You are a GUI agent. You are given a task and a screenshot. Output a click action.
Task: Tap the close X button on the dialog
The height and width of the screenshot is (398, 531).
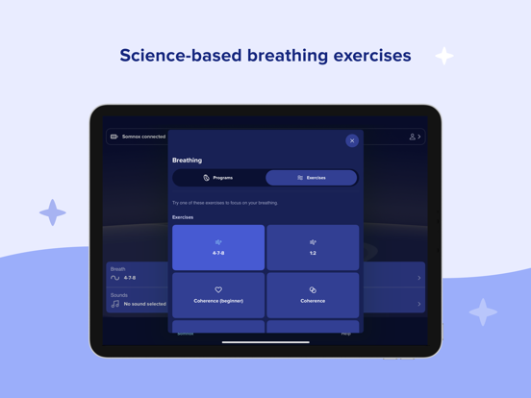click(x=352, y=140)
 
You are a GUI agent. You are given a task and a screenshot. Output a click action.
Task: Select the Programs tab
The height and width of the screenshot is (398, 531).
click(x=218, y=178)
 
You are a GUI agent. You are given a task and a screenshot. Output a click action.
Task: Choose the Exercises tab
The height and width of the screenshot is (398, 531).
click(x=311, y=178)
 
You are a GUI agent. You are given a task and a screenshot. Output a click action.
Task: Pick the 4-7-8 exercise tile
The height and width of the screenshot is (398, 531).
click(x=218, y=247)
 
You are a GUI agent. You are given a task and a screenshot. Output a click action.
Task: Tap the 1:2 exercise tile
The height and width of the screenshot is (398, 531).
click(x=313, y=247)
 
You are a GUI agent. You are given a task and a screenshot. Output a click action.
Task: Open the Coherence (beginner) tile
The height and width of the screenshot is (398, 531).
click(x=218, y=294)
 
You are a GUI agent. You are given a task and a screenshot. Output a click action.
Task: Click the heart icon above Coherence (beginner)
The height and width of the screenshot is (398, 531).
click(x=218, y=289)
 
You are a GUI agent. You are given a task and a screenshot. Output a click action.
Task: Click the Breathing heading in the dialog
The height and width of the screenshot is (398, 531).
click(x=187, y=161)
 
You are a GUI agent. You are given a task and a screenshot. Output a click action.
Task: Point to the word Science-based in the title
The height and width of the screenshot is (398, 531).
click(x=180, y=56)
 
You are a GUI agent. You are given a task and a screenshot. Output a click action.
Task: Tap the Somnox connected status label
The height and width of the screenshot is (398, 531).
click(x=143, y=137)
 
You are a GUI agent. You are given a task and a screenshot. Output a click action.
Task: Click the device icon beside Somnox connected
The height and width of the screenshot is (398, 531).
click(x=114, y=137)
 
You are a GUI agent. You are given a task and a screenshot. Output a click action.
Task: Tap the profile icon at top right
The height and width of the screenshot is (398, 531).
click(x=413, y=137)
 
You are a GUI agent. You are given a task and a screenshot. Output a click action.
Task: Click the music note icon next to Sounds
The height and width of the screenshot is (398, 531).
click(x=115, y=304)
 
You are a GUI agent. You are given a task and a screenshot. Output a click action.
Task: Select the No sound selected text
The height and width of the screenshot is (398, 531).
click(x=144, y=304)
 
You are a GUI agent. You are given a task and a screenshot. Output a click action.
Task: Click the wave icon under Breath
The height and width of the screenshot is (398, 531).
click(x=115, y=278)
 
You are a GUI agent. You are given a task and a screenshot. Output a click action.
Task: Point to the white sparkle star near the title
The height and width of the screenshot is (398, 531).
click(x=443, y=56)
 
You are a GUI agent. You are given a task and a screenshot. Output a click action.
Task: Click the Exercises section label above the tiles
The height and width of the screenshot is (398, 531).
click(x=183, y=217)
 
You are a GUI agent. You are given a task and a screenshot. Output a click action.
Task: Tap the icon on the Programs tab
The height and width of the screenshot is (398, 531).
click(x=206, y=178)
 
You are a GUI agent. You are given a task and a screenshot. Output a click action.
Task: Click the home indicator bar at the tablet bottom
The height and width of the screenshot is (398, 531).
click(x=265, y=341)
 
